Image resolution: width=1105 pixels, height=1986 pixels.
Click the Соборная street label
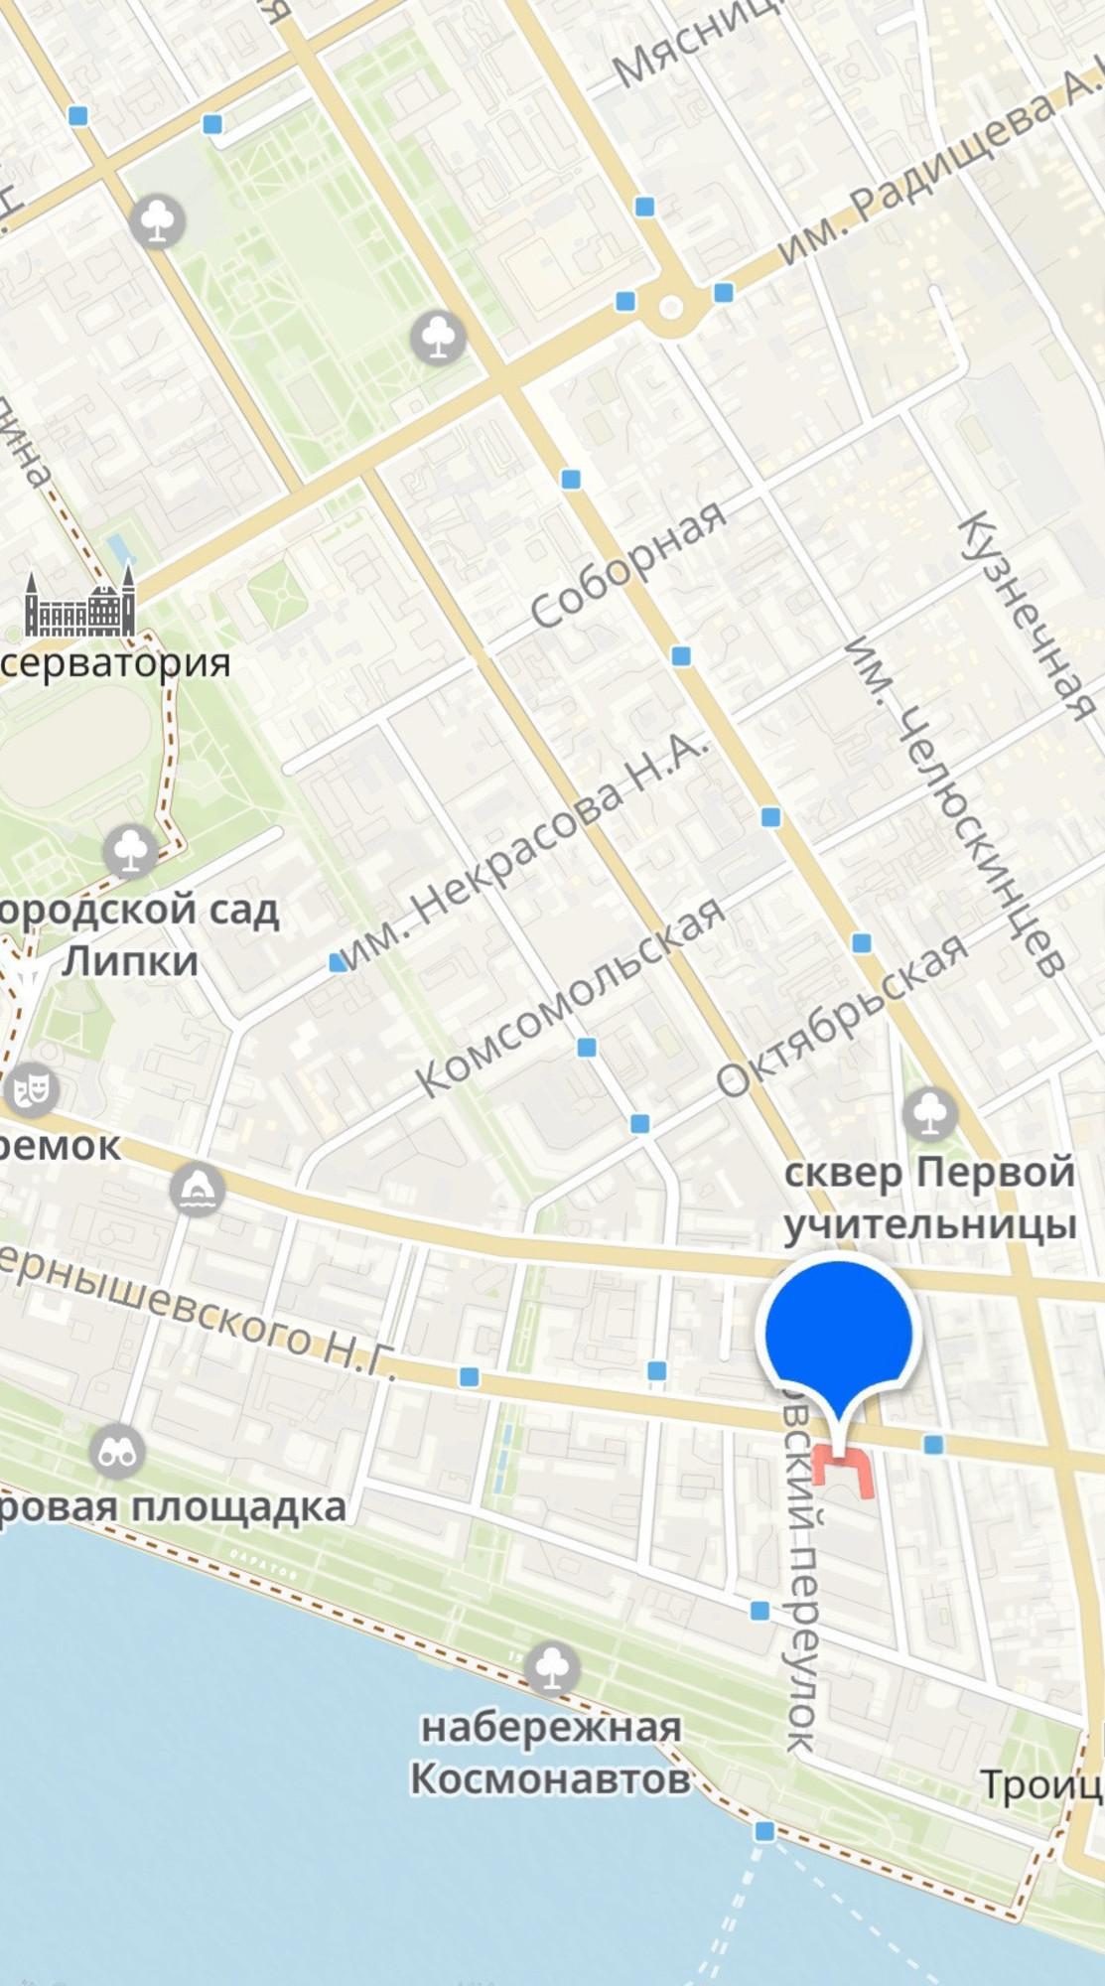(627, 564)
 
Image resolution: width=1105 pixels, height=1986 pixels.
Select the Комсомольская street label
(570, 997)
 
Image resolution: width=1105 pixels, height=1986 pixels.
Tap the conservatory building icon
(79, 604)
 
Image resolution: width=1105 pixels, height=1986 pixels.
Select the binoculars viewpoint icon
(117, 1454)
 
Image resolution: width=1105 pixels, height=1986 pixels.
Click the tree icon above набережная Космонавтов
(552, 1668)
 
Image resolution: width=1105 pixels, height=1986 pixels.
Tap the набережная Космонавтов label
(551, 1754)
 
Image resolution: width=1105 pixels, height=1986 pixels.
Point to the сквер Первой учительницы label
(930, 1198)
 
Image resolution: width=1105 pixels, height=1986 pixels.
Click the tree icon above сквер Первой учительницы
(929, 1113)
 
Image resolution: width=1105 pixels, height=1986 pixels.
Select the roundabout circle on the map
(671, 307)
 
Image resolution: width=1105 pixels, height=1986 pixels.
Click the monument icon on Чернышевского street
(197, 1189)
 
